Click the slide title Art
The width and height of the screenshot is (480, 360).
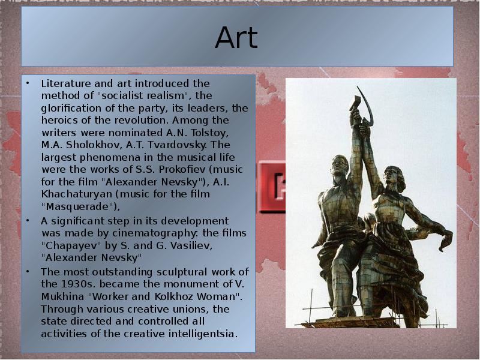tap(236, 38)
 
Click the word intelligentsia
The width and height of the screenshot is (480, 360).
tap(205, 333)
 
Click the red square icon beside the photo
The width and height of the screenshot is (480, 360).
tap(272, 186)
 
